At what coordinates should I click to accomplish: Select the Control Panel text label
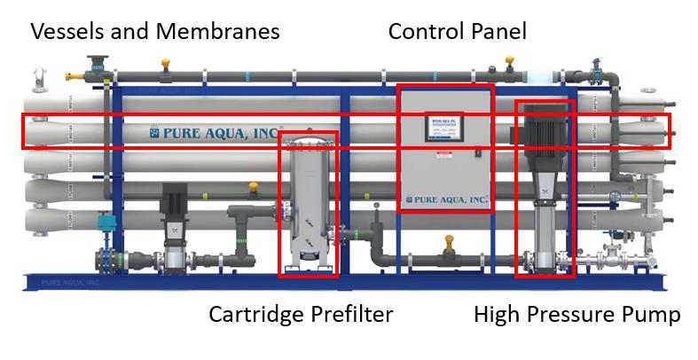pos(458,32)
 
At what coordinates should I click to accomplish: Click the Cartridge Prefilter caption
pos(300,315)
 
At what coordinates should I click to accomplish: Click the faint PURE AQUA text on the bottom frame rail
pos(71,283)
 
